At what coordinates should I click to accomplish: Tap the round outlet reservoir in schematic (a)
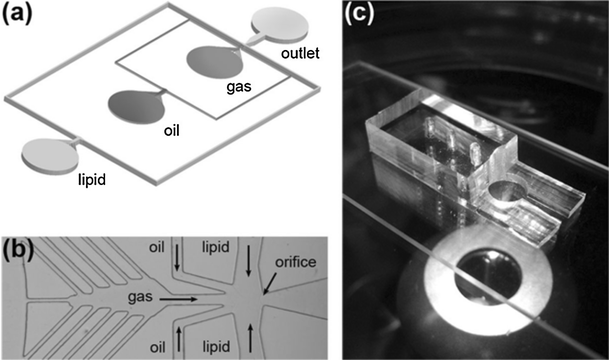pos(278,21)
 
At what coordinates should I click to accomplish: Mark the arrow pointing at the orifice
pos(271,283)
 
